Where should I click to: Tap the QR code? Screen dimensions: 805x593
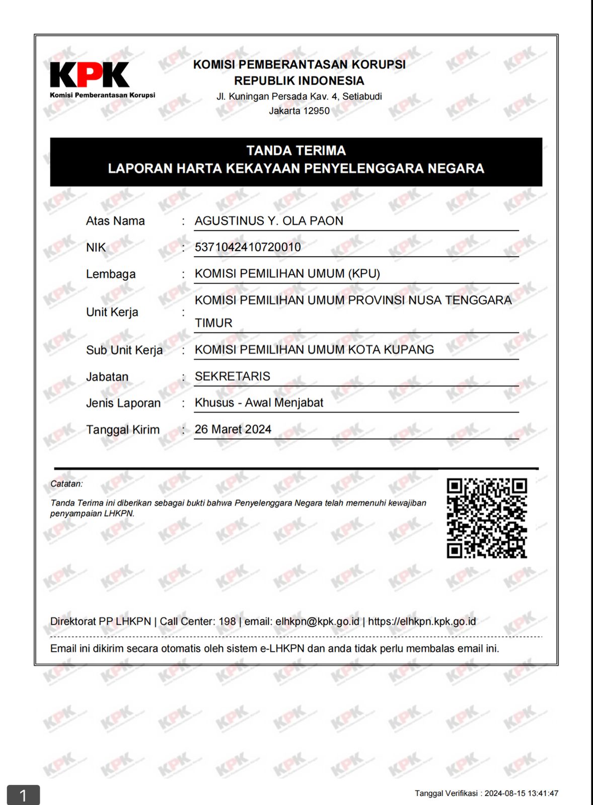pos(487,518)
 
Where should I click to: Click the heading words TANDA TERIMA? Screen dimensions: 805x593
pos(296,150)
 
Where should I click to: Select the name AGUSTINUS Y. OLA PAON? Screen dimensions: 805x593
pos(269,221)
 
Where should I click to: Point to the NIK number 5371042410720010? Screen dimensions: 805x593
pos(248,247)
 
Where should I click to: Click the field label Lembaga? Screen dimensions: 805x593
pos(111,274)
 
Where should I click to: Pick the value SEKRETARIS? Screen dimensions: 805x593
pos(233,376)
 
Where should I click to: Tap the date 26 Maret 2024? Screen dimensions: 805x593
pos(233,429)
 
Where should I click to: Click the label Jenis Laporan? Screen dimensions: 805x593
pos(123,403)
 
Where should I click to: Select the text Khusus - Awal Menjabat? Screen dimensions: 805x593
pos(259,403)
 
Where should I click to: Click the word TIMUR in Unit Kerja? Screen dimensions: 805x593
pos(213,323)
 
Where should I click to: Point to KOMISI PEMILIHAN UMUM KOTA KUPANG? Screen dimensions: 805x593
pos(314,350)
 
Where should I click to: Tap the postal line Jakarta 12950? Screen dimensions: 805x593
pos(299,111)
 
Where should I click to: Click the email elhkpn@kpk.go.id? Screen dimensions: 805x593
pos(317,621)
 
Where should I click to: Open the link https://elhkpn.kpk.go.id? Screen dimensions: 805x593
pos(422,621)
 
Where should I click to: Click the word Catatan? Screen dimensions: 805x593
pos(66,484)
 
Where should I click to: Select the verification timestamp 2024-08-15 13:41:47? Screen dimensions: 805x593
pos(521,793)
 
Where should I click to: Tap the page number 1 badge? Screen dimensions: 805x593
pos(23,795)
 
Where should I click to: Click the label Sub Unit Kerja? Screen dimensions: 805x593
pos(124,350)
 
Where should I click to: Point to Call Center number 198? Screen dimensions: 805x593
pos(227,621)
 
